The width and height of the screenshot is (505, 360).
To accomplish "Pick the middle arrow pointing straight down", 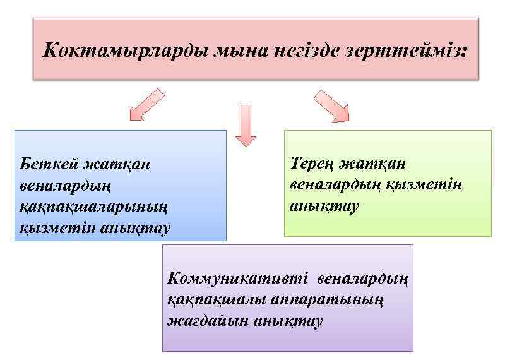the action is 246,124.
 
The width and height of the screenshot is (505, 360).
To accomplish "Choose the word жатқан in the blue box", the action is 116,164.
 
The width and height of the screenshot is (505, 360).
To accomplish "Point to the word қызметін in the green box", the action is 434,184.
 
